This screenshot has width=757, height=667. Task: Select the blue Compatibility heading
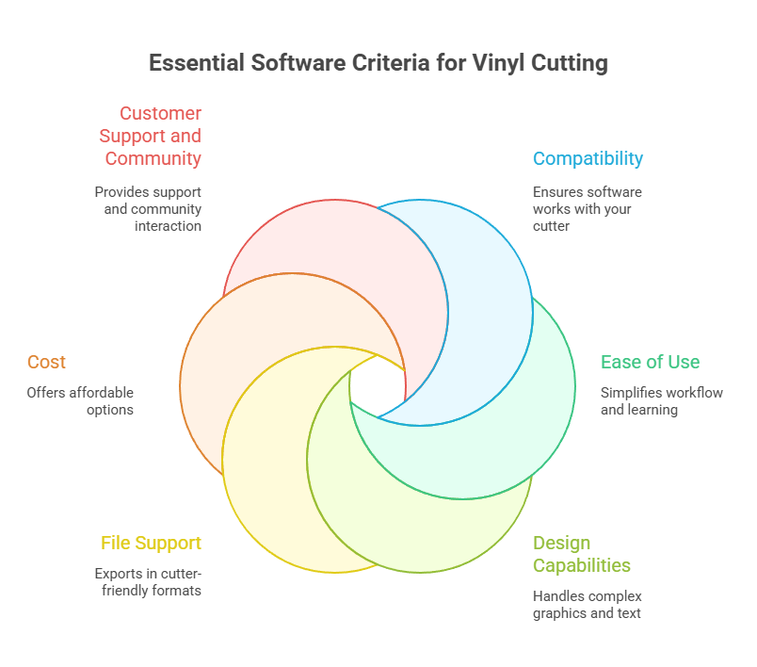coord(588,158)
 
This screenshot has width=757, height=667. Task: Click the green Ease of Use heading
coord(650,362)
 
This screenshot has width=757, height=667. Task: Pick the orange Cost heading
coord(46,362)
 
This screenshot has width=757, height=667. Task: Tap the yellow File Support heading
coord(151,543)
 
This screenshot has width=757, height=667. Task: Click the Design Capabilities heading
coord(581,554)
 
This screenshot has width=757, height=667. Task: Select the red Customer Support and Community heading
coord(151,136)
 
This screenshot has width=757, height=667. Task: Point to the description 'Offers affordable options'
coord(80,401)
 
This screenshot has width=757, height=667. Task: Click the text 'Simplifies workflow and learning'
coord(661,401)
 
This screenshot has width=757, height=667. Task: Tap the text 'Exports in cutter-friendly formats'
coord(148,582)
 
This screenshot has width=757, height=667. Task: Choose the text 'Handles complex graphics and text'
coord(587,605)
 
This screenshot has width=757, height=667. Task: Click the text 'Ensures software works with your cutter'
coord(587,209)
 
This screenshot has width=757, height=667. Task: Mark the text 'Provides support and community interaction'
coord(148,209)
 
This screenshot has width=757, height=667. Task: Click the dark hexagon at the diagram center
coord(378,387)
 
